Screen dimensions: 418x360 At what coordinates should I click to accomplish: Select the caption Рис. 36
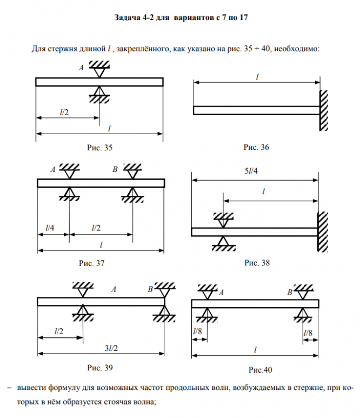[256, 147]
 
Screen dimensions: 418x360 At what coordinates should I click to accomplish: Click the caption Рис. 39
[100, 368]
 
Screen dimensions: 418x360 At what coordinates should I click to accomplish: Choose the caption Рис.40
[261, 370]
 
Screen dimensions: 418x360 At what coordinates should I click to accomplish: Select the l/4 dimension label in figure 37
[49, 228]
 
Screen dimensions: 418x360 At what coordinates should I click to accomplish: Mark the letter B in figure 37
[115, 170]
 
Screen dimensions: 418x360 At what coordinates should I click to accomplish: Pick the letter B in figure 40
[290, 293]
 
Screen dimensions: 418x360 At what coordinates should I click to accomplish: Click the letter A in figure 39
[114, 290]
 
